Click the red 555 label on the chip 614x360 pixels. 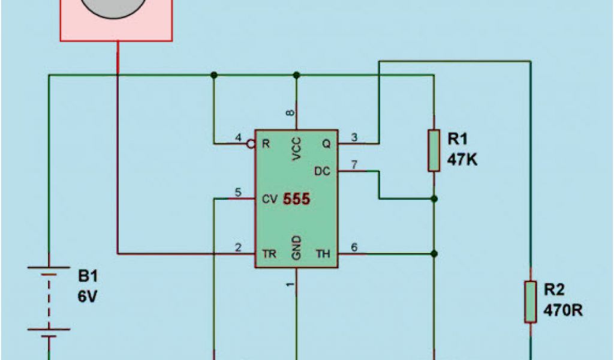point(297,199)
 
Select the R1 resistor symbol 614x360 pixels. point(434,150)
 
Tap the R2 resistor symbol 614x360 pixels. point(530,301)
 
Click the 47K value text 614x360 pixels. point(462,160)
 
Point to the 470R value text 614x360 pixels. point(563,311)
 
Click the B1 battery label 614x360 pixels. point(88,277)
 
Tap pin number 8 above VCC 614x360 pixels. point(290,113)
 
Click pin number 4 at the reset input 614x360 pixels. point(238,138)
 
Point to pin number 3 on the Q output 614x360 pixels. point(354,138)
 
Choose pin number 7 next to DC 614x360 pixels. point(354,165)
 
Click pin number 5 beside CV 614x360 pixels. point(238,193)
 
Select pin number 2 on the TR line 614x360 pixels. point(238,248)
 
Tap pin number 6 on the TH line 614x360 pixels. point(354,248)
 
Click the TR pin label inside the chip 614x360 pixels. point(269,254)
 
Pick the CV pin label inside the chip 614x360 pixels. point(270,199)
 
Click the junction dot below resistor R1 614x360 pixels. point(434,199)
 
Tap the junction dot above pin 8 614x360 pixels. point(296,75)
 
